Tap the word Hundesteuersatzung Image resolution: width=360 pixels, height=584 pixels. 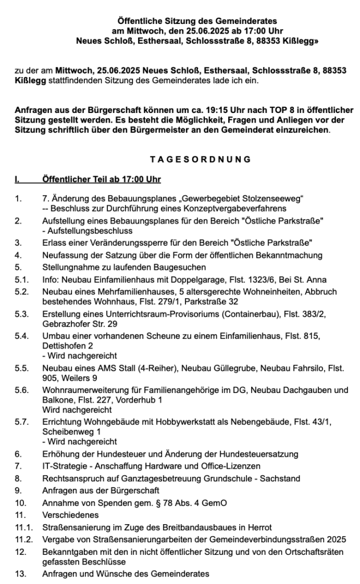259,454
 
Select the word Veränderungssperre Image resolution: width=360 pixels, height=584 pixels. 115,242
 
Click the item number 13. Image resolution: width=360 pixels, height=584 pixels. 21,573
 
